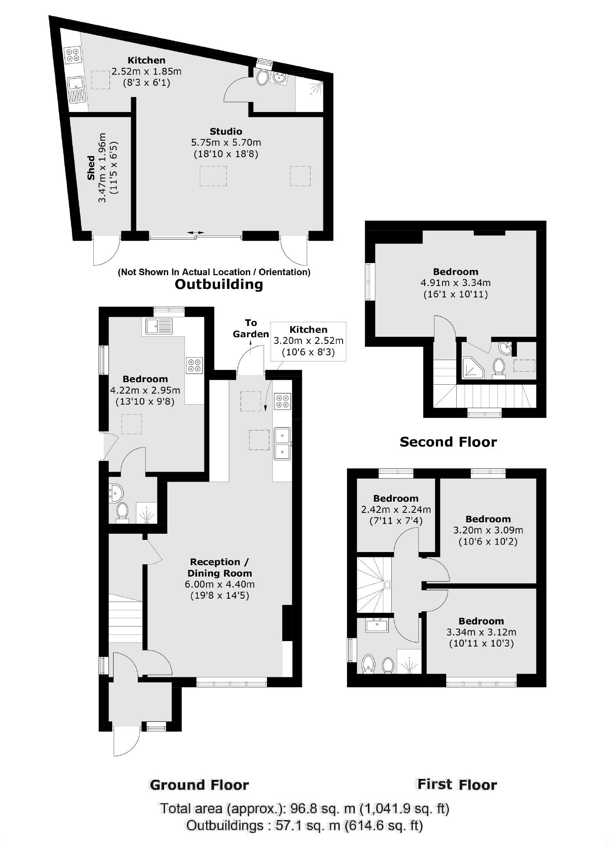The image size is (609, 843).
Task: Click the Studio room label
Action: tap(226, 132)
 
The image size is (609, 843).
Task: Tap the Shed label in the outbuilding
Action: tap(91, 168)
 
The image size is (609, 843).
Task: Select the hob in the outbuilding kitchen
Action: tap(72, 55)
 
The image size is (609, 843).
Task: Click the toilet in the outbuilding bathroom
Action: tap(263, 77)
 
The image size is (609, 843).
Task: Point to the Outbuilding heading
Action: tap(219, 284)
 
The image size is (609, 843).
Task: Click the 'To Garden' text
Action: tap(251, 328)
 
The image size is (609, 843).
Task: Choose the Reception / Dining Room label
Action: tap(219, 567)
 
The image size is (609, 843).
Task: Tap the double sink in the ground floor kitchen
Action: tap(282, 443)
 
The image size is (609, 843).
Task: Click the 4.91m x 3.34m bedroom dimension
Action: tap(455, 283)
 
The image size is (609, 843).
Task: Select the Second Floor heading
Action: tap(448, 442)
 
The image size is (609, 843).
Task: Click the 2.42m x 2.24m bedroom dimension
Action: tap(395, 510)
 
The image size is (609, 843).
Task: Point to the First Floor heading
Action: tap(457, 785)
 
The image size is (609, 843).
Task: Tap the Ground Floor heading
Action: tap(199, 785)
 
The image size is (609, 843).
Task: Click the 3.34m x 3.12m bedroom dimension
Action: tap(481, 632)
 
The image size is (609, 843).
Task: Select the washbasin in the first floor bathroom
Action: tap(378, 624)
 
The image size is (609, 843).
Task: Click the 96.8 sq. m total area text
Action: tap(304, 809)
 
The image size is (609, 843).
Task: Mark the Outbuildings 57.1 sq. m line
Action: tap(304, 825)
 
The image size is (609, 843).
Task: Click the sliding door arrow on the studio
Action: tap(196, 232)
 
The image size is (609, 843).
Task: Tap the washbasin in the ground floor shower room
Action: tap(116, 493)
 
